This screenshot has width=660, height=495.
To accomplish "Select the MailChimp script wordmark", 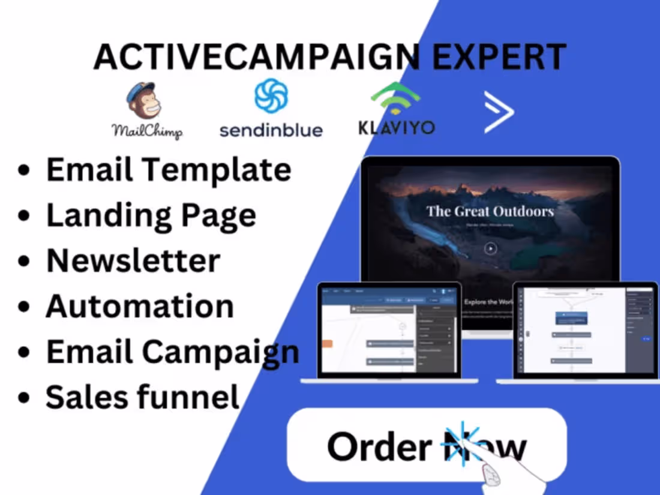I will [147, 131].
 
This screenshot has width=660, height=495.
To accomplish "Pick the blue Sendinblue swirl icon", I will [271, 96].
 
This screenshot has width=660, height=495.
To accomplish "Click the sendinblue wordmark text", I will [271, 130].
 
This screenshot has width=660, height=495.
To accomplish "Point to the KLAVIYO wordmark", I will [397, 128].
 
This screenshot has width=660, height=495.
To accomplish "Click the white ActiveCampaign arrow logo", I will [499, 112].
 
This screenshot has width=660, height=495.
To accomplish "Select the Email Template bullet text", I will [169, 170].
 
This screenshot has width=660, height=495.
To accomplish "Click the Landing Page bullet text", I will [151, 215].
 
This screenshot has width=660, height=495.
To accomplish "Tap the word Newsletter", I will [133, 261].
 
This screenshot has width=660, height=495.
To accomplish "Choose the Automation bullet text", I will [140, 306].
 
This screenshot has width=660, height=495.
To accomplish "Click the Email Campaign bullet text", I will [173, 352].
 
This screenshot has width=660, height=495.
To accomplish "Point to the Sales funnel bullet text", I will [143, 397].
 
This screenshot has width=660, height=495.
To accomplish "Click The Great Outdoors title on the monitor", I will [490, 211].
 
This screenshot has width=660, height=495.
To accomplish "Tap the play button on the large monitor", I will [491, 248].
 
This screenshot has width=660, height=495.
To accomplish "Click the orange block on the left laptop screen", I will [327, 344].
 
